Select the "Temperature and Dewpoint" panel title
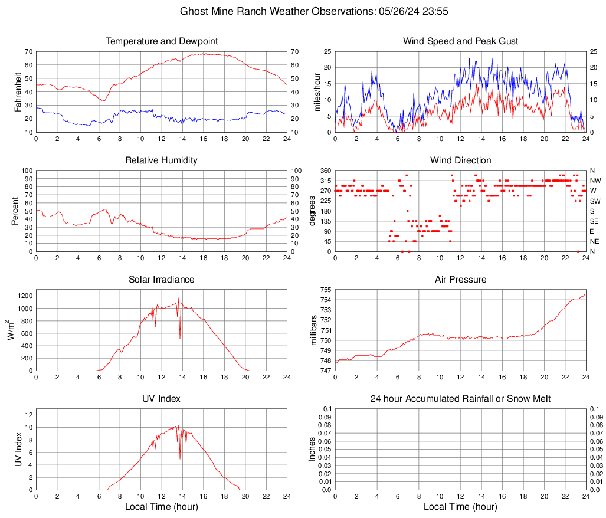(162, 41)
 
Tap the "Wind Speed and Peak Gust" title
(460, 41)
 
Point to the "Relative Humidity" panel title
(162, 160)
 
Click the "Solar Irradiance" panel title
(162, 280)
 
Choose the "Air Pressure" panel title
(460, 280)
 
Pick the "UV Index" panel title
(162, 399)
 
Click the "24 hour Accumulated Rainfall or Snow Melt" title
(460, 399)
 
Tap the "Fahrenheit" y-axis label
(17, 91)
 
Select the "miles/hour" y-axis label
(316, 91)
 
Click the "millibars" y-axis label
(316, 330)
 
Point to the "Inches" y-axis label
(313, 449)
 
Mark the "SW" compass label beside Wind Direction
(595, 201)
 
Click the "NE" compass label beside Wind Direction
(595, 241)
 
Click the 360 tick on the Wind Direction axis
(325, 171)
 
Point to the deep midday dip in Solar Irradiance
(180, 337)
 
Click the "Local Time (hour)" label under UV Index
(162, 507)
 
